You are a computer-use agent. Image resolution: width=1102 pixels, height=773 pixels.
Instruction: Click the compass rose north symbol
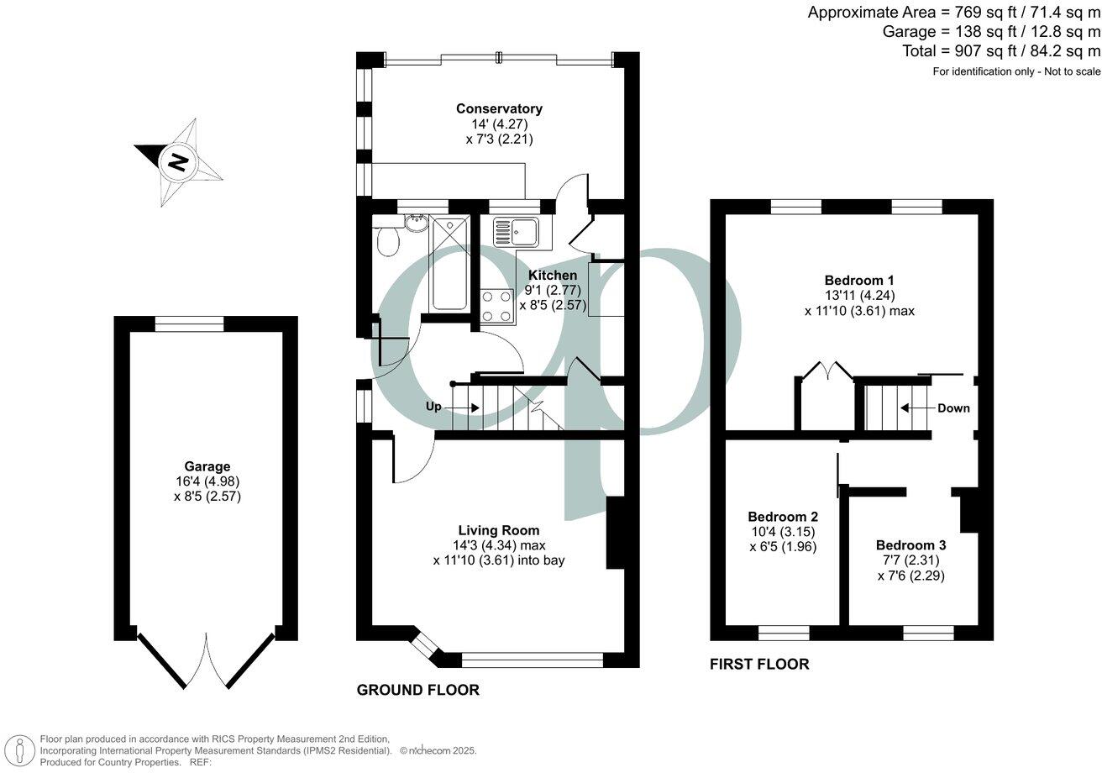pos(177,162)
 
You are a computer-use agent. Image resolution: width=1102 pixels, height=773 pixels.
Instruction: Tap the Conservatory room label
pos(499,108)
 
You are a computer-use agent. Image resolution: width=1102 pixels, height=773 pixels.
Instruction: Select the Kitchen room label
pos(552,275)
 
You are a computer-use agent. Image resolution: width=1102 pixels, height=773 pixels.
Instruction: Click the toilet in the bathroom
pos(387,244)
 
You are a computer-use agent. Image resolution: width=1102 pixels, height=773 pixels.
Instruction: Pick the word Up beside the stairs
pos(433,407)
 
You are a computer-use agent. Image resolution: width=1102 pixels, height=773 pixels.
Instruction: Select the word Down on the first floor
pos(953,408)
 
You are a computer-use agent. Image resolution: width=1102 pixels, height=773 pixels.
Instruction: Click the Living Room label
pos(498,530)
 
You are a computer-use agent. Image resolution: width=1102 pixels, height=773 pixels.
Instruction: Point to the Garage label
pos(207,466)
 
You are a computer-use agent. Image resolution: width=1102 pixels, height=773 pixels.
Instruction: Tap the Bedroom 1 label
pos(858,280)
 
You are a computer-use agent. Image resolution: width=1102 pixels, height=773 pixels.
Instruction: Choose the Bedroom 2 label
pos(782,517)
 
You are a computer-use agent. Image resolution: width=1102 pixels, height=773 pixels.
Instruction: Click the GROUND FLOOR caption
pos(418,690)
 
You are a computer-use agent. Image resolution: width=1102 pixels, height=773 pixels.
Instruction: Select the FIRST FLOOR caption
pos(759,665)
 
